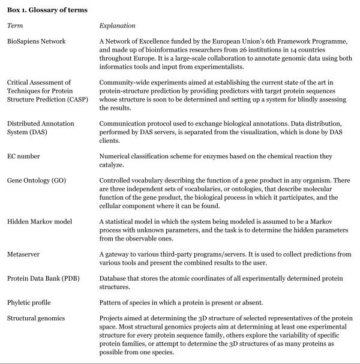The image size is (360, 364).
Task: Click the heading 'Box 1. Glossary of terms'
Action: click(x=47, y=10)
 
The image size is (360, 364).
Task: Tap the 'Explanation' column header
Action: click(x=117, y=26)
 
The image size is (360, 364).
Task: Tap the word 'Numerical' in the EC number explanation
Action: click(x=117, y=156)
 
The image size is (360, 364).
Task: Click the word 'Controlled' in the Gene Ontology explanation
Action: click(x=118, y=180)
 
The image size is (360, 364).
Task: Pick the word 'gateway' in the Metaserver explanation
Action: click(x=119, y=254)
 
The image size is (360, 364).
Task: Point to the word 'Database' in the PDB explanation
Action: click(x=116, y=278)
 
